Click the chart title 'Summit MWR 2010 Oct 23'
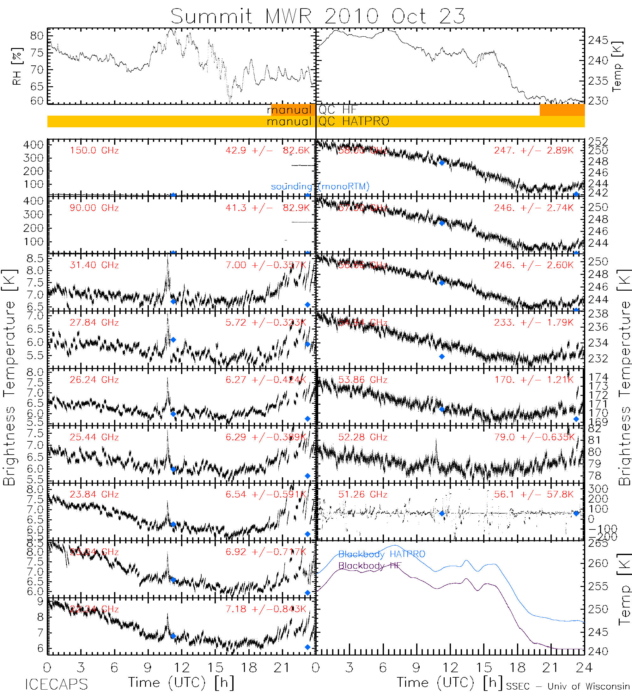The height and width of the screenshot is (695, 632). click(318, 16)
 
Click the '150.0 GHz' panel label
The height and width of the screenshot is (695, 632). click(94, 151)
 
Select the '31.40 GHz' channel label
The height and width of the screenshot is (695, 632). click(94, 265)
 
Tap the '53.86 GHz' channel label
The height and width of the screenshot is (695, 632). click(362, 380)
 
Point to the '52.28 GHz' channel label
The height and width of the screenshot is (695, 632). click(362, 437)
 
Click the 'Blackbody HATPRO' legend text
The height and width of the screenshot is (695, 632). click(381, 554)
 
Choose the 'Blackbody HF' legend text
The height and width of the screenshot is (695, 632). click(370, 566)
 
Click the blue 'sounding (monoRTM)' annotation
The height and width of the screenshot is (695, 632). click(320, 186)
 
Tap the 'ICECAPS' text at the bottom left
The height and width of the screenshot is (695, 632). click(56, 684)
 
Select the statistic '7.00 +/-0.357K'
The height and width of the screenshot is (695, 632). click(265, 265)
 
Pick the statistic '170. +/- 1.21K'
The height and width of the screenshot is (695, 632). click(534, 380)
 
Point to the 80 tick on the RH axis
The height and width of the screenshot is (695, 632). click(37, 36)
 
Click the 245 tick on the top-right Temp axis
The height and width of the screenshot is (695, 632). click(598, 40)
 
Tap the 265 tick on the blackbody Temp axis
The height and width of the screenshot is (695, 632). click(598, 543)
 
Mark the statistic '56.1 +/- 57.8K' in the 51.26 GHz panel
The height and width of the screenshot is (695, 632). click(534, 494)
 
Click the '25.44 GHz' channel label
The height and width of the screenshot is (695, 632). click(94, 437)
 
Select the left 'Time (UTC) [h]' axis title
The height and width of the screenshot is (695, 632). click(181, 683)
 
